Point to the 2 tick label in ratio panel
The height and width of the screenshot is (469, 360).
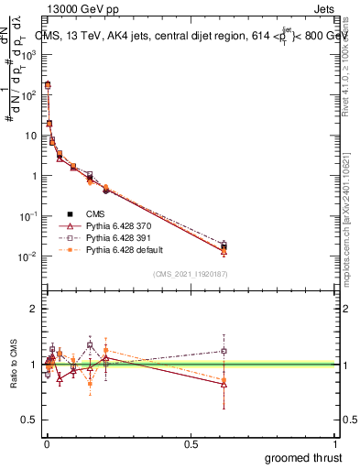33,309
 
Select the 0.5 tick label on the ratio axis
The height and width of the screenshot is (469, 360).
29,420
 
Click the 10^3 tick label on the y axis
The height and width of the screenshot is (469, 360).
29,54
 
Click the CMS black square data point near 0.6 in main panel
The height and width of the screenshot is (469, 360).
224,248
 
